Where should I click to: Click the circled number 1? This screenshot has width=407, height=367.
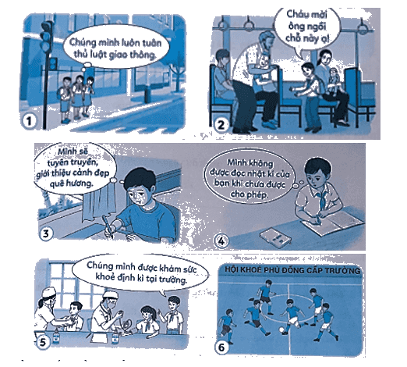pyautogui.click(x=29, y=121)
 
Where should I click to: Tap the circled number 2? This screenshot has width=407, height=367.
pyautogui.click(x=221, y=125)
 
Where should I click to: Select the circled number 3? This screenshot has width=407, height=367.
pyautogui.click(x=45, y=233)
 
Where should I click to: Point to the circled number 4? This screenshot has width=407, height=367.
pyautogui.click(x=221, y=241)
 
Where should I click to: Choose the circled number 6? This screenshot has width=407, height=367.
pyautogui.click(x=221, y=347)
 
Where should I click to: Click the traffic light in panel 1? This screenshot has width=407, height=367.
pyautogui.click(x=46, y=37)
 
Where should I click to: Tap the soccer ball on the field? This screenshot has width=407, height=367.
pyautogui.click(x=281, y=330)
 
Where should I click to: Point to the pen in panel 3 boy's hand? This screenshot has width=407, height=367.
pyautogui.click(x=108, y=227)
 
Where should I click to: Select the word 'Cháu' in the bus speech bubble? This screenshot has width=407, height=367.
pyautogui.click(x=296, y=14)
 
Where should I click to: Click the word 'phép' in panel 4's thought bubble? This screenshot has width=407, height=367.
pyautogui.click(x=257, y=195)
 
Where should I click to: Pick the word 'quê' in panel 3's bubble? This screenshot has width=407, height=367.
pyautogui.click(x=57, y=183)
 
